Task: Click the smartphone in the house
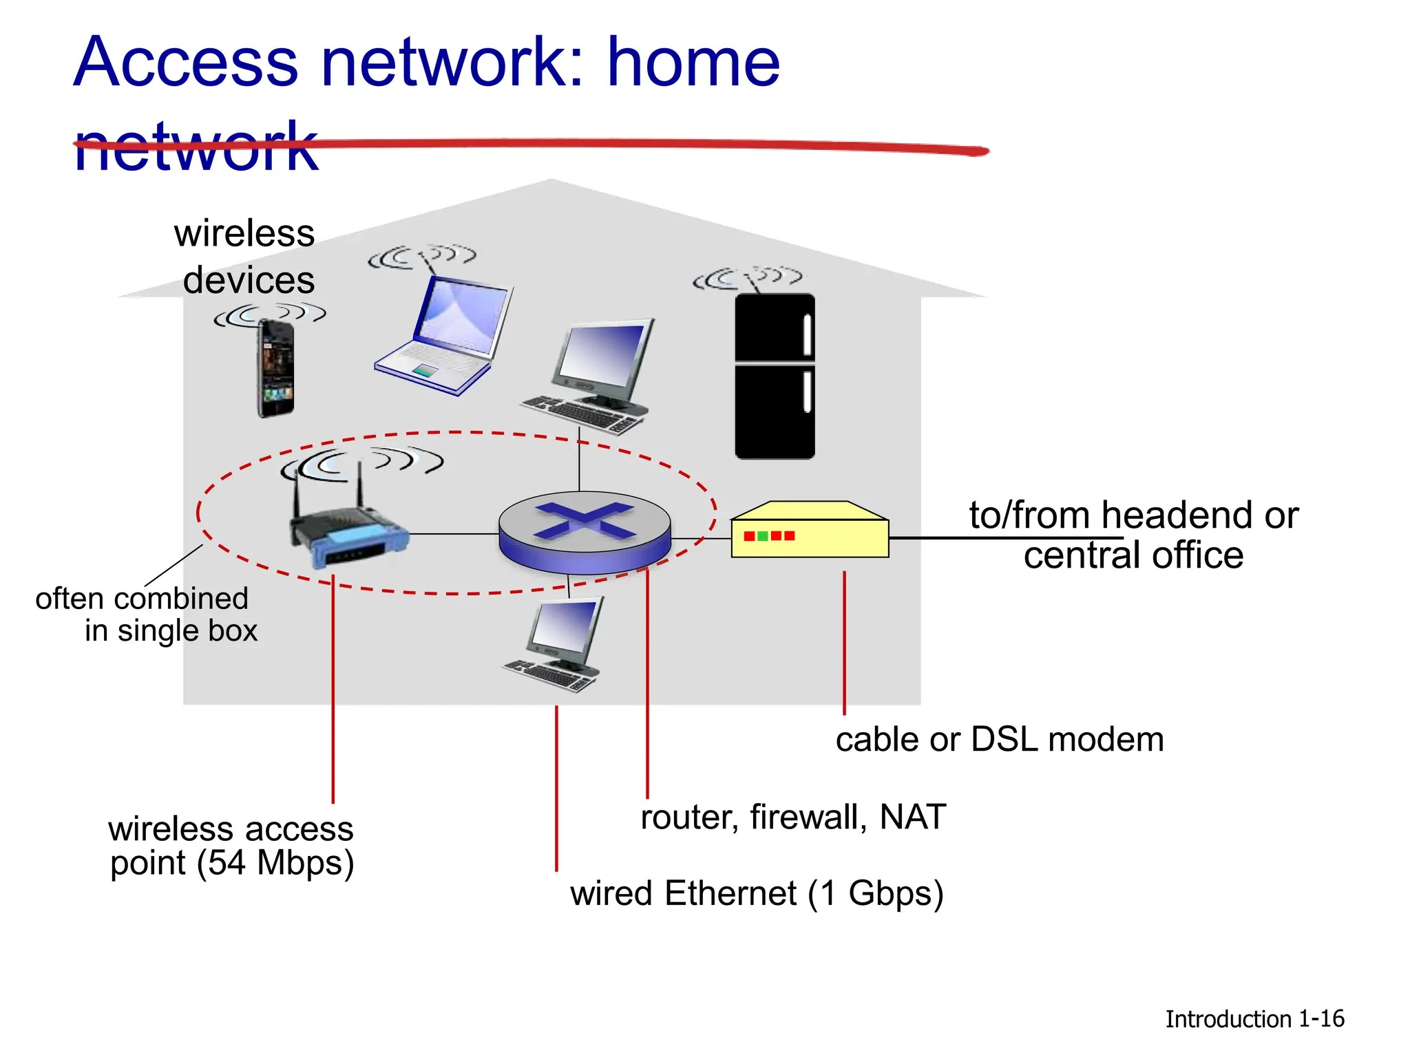click(x=276, y=369)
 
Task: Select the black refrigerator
click(x=775, y=376)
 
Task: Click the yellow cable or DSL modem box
click(x=810, y=532)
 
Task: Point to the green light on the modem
click(x=763, y=536)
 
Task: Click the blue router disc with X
click(x=585, y=531)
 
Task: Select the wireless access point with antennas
click(x=348, y=531)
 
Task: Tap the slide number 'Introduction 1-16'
click(x=1254, y=1019)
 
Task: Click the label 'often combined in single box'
click(x=146, y=615)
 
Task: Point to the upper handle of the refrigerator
click(x=808, y=334)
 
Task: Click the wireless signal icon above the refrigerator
click(x=748, y=278)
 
